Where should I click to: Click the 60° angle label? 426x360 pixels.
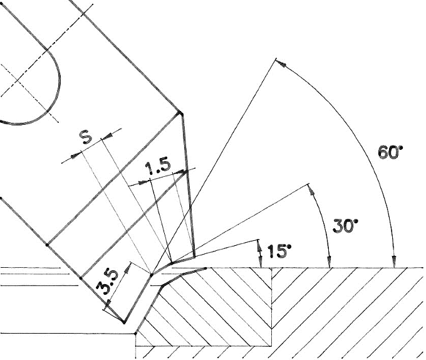click(390, 152)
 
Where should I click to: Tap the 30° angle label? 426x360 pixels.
click(345, 225)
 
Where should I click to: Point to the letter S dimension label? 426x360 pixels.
click(86, 137)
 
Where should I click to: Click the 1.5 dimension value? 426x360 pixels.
click(158, 167)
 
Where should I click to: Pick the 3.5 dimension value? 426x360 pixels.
click(108, 282)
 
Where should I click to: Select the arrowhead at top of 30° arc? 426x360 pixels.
click(311, 190)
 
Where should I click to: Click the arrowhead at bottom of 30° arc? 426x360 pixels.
click(330, 262)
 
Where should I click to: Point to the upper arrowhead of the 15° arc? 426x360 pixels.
click(259, 246)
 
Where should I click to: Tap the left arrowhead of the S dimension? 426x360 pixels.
click(76, 156)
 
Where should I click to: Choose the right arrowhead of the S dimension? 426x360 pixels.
click(107, 135)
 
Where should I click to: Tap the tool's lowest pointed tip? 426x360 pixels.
click(124, 322)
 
